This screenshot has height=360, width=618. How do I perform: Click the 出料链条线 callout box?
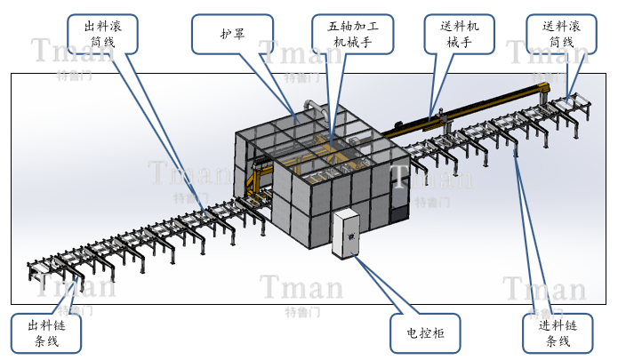pos(46,332)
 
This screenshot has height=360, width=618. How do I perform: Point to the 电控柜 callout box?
pos(426,332)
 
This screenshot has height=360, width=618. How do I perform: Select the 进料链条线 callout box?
pos(557,332)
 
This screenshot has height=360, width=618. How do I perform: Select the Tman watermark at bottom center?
pos(301,287)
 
